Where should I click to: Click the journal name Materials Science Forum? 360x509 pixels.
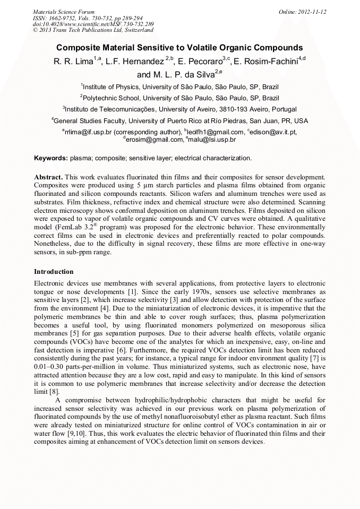tap(64, 12)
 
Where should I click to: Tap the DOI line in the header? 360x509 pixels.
tap(93, 24)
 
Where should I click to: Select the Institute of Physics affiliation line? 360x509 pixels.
tap(180, 87)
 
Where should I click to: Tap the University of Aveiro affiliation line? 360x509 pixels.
tap(180, 109)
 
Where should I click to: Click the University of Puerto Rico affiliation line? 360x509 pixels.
tap(180, 120)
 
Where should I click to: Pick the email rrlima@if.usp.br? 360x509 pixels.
tap(86, 132)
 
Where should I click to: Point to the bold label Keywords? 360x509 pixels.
tap(51, 158)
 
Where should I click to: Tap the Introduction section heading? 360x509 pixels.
tap(54, 271)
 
